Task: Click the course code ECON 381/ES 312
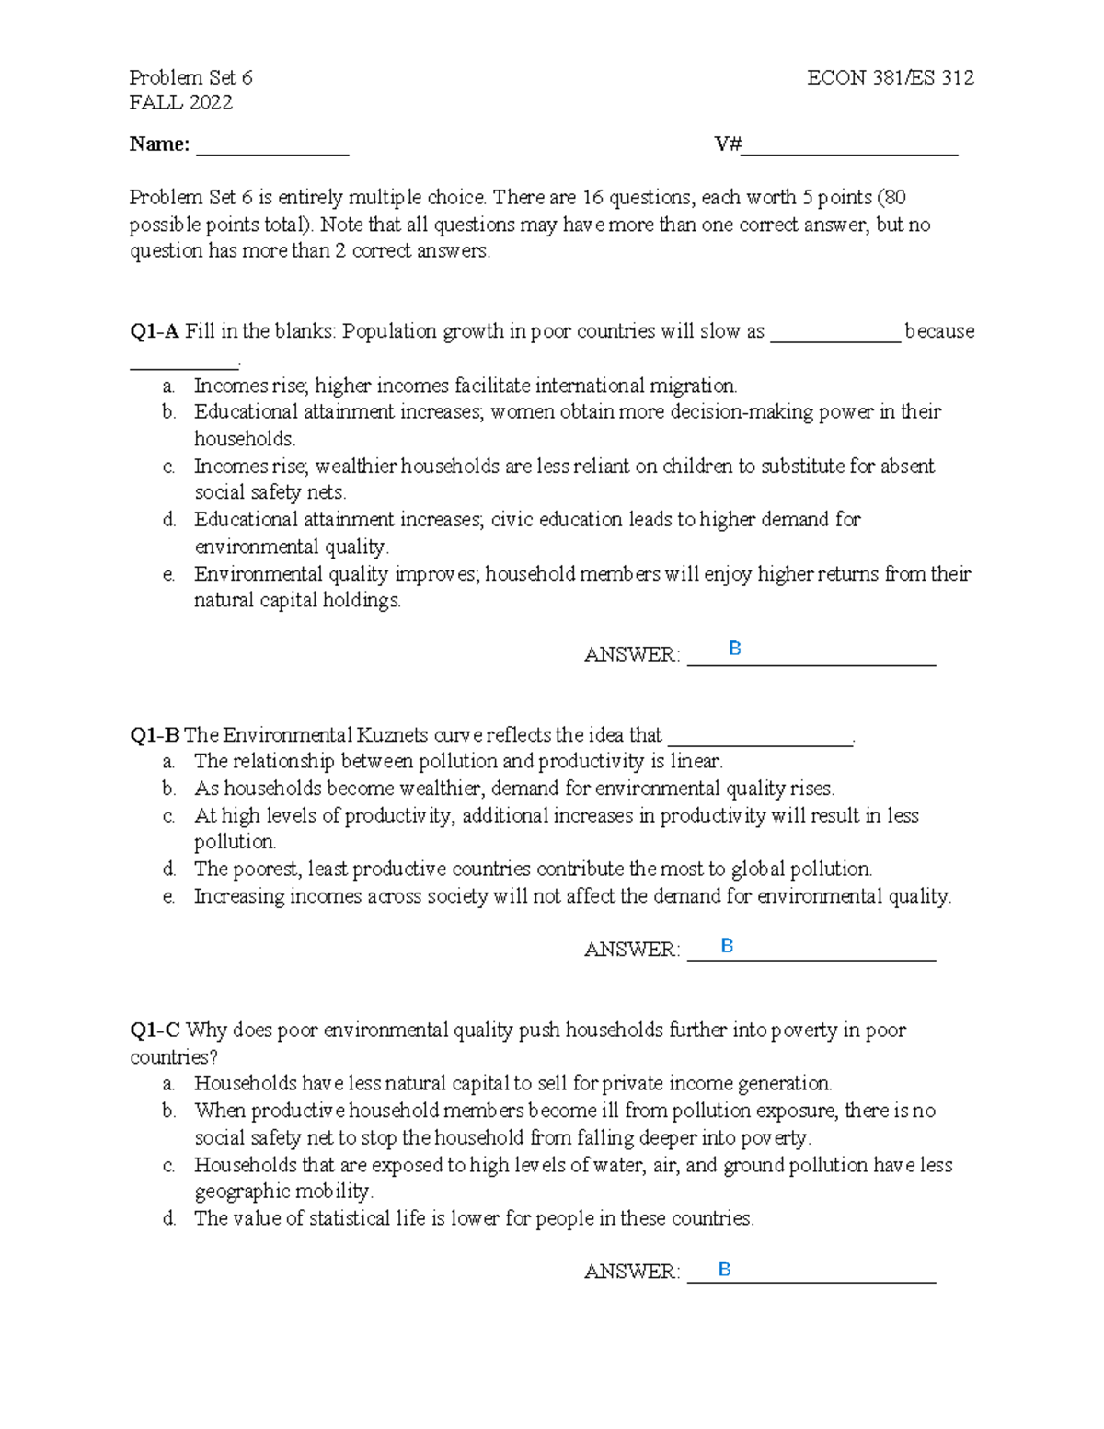click(x=890, y=77)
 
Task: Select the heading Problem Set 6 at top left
click(x=190, y=77)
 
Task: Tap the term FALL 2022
click(x=180, y=102)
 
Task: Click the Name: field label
click(x=159, y=144)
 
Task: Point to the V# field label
click(x=728, y=144)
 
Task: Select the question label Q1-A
click(x=154, y=331)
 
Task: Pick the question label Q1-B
click(x=154, y=735)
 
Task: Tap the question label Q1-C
click(x=154, y=1030)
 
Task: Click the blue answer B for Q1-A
click(x=734, y=649)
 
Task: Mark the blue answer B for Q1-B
click(x=727, y=946)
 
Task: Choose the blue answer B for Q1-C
click(x=724, y=1270)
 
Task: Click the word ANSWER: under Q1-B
click(x=631, y=950)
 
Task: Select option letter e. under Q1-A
click(x=168, y=574)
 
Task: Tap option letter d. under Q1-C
click(x=169, y=1218)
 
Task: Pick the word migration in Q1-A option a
click(x=695, y=386)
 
